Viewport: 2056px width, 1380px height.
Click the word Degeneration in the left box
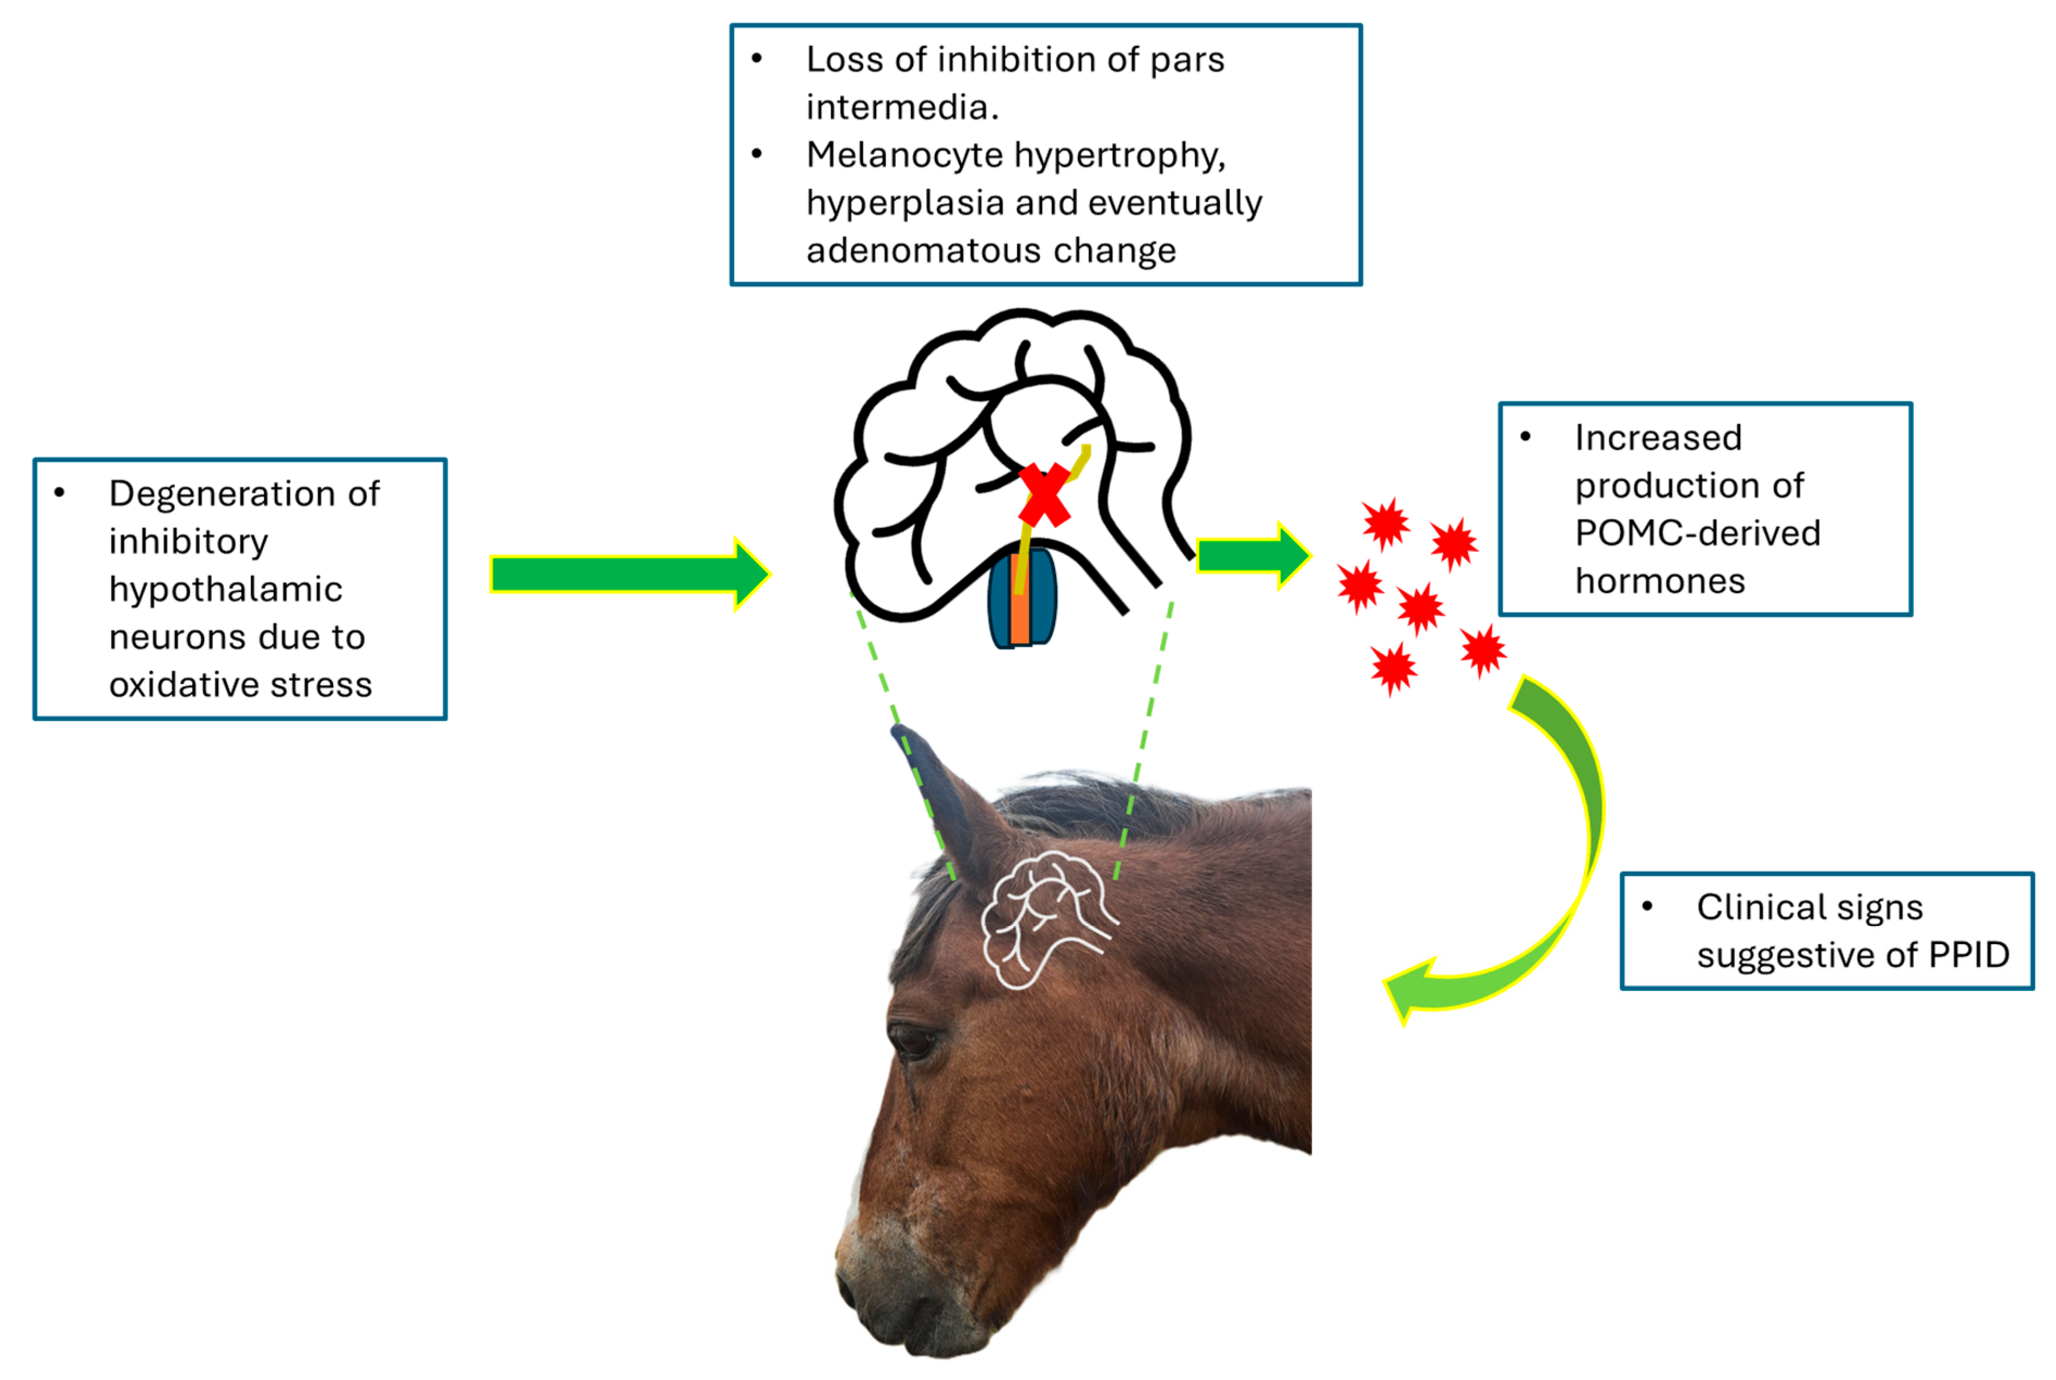[x=244, y=494]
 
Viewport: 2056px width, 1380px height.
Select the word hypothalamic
[x=225, y=589]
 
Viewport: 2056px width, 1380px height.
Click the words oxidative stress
[x=240, y=685]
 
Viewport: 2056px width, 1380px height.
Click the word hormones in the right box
[x=1659, y=582]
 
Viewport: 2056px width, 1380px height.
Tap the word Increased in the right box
[x=1658, y=437]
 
